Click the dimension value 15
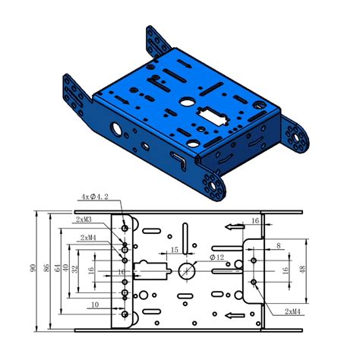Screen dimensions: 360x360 coord(174,250)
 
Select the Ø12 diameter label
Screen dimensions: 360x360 coord(218,258)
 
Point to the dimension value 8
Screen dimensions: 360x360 coord(279,245)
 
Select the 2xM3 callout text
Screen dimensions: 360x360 coord(84,219)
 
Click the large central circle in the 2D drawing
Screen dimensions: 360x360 coord(187,270)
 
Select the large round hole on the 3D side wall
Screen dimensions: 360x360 coord(116,128)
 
